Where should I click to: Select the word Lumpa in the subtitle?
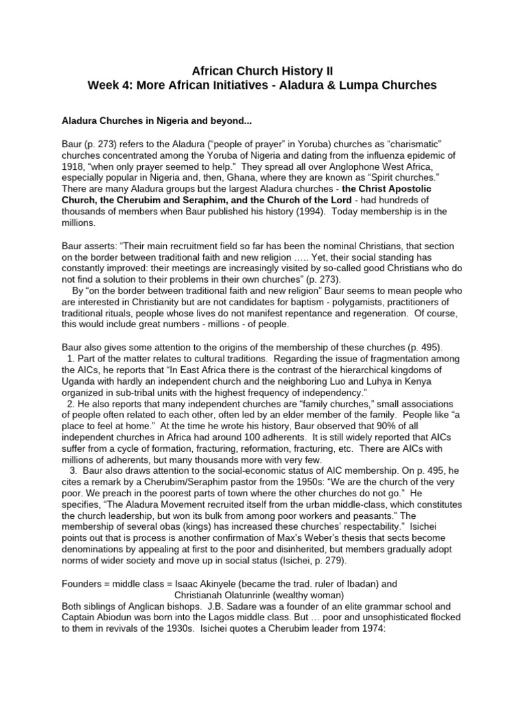click(355, 85)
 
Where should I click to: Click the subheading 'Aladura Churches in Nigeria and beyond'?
click(157, 121)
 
